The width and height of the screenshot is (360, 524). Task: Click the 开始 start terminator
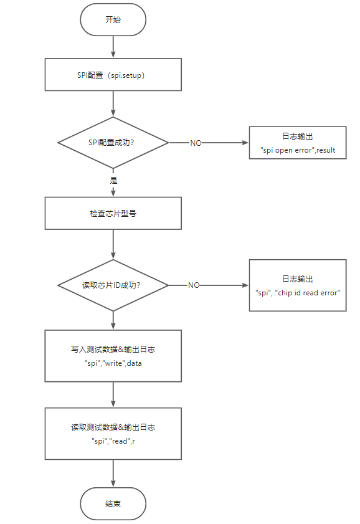click(113, 20)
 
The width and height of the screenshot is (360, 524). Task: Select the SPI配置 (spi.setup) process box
click(113, 75)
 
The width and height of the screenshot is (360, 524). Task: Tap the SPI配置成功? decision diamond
click(113, 143)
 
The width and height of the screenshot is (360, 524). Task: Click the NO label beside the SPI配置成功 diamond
click(196, 143)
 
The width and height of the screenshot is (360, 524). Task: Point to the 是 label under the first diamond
click(113, 180)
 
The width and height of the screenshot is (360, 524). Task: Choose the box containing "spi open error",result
click(298, 143)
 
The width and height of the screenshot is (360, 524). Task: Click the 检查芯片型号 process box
click(113, 213)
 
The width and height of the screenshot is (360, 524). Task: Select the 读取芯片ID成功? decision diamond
click(113, 285)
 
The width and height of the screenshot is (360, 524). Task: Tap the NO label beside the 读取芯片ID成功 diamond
click(194, 285)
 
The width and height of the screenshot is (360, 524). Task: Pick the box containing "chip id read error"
click(298, 285)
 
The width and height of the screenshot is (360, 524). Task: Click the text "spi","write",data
click(113, 363)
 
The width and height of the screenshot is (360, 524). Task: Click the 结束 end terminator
click(113, 503)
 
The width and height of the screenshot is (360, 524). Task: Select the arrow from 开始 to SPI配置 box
click(113, 46)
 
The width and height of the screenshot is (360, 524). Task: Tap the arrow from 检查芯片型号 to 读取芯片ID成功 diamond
click(113, 244)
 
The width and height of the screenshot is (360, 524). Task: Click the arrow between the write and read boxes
click(113, 394)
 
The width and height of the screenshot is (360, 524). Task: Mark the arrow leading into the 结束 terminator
click(113, 474)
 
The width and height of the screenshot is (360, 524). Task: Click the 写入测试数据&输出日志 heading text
click(113, 350)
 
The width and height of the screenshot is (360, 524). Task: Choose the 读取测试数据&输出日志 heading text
click(113, 427)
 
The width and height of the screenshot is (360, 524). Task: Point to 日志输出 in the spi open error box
click(298, 136)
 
